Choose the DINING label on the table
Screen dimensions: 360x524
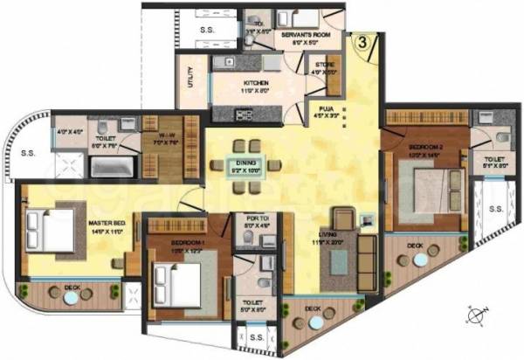tap(240, 164)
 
